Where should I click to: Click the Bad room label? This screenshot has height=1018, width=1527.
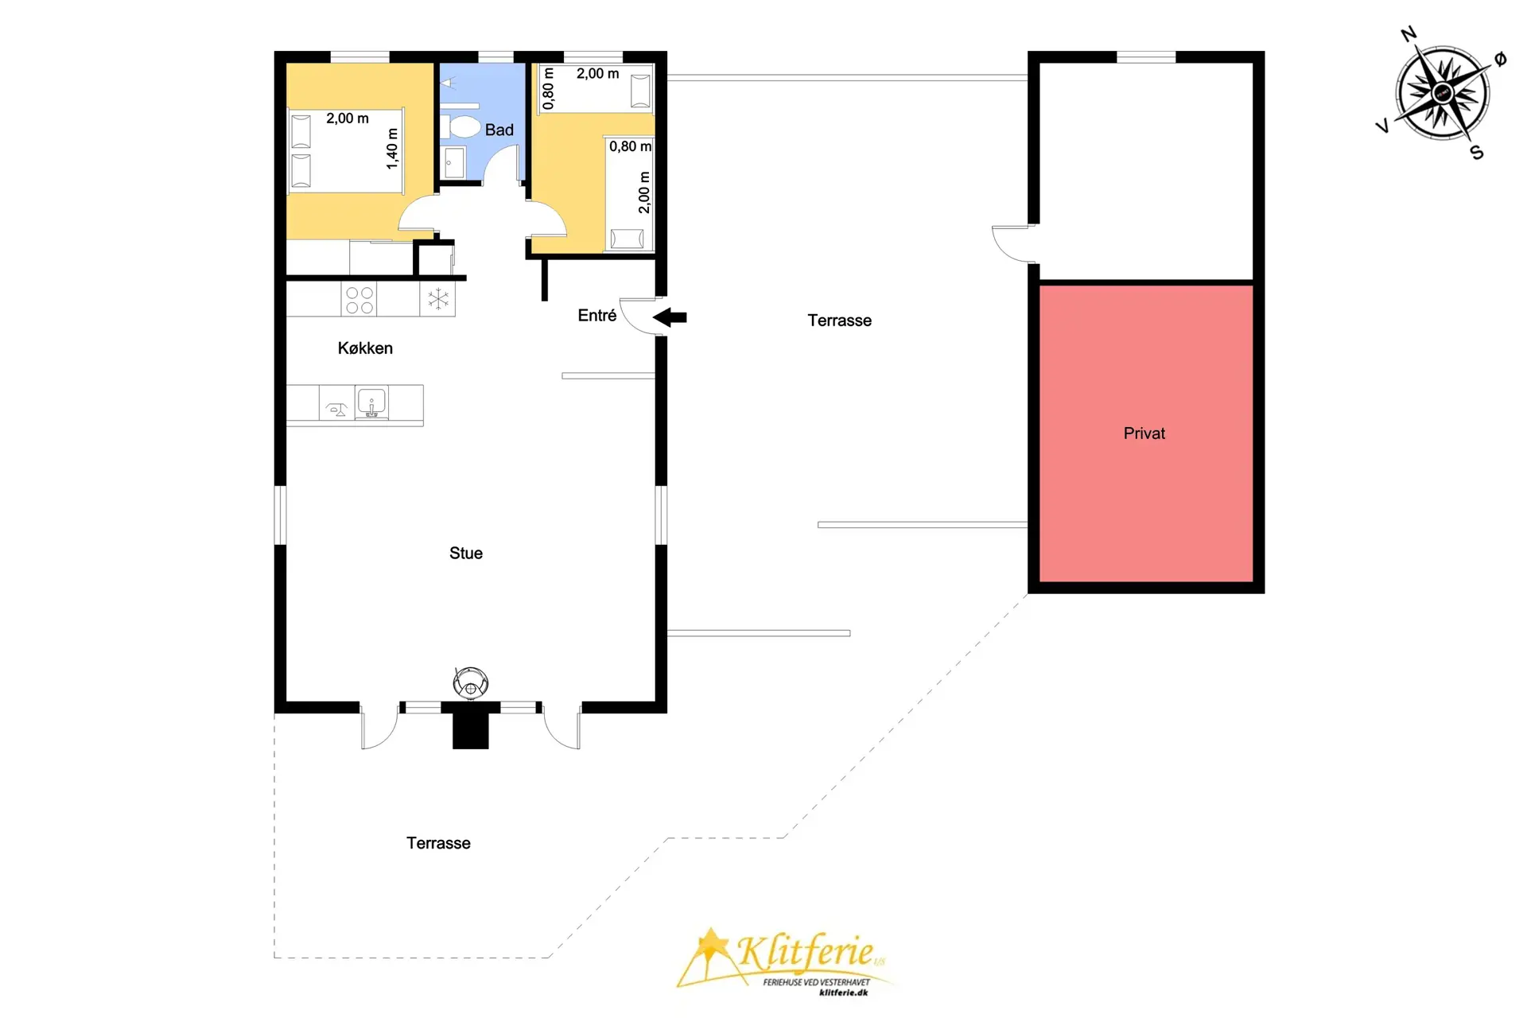[499, 130]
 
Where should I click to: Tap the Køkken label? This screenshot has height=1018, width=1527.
[365, 348]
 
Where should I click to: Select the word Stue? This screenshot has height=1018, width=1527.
[466, 554]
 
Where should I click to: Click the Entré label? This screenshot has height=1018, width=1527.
[597, 316]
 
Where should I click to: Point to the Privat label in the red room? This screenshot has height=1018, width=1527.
[1144, 433]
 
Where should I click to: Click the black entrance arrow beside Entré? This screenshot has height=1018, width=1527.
[670, 317]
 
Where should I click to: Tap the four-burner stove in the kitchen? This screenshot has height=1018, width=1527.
[359, 300]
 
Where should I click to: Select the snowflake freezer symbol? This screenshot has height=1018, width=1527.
[437, 300]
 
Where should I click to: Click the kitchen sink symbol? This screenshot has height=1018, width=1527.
[371, 402]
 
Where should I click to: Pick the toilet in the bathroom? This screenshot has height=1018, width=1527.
[464, 126]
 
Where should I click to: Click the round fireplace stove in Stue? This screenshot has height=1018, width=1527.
[471, 682]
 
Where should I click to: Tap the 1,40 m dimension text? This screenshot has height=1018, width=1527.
[392, 149]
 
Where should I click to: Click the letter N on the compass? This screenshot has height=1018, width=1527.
[1408, 34]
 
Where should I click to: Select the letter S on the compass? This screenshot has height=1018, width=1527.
[1477, 153]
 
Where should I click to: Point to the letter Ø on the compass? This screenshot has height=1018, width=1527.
[1500, 59]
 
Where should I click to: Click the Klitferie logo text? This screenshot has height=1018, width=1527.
[805, 951]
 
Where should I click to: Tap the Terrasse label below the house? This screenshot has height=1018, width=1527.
[438, 843]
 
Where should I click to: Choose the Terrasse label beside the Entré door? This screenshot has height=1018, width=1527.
[840, 321]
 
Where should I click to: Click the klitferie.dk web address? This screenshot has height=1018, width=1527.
[843, 993]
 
